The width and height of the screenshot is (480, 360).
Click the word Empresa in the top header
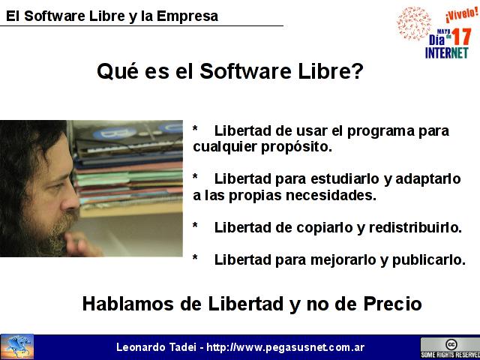tap(187, 16)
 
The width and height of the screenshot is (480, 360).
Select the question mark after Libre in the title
tap(358, 70)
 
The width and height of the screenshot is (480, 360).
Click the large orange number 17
tap(461, 37)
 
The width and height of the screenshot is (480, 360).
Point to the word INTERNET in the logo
tap(447, 52)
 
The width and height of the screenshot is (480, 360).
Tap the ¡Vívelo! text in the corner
tap(462, 14)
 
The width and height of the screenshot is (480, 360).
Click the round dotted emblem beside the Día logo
tap(413, 23)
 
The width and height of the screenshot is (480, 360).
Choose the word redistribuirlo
tap(415, 227)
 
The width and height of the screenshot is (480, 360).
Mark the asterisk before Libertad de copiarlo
tap(195, 226)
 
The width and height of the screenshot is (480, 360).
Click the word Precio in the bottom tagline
tap(392, 304)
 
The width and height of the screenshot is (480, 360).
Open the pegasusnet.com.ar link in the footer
tap(286, 347)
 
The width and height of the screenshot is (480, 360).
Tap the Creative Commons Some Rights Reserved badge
tap(450, 348)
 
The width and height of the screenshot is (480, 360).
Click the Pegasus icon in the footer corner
tap(17, 346)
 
